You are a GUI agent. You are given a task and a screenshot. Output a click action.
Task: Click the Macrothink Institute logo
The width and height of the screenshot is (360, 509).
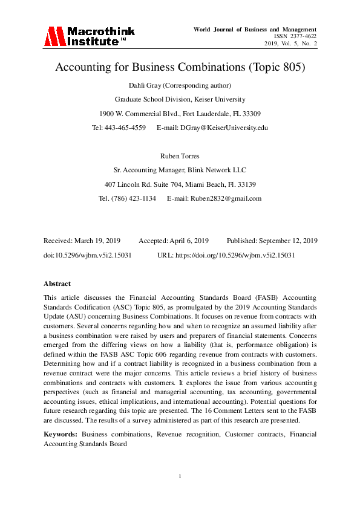89,36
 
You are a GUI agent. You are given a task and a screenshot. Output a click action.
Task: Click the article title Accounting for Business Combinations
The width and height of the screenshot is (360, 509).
180,67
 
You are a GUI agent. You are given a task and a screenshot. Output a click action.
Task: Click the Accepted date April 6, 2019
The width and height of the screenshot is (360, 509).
188,241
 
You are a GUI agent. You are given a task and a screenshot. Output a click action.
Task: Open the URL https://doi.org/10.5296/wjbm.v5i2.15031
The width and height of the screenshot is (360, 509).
235,255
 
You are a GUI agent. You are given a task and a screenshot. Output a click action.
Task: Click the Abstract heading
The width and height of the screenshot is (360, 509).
57,284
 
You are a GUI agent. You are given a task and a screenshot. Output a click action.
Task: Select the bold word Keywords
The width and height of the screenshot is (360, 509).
61,434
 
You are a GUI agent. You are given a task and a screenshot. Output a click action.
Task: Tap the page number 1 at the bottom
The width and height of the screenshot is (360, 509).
180,477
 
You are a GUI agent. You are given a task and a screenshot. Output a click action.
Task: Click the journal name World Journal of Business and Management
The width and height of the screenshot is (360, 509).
255,29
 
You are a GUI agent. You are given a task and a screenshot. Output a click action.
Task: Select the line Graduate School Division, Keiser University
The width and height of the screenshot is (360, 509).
180,99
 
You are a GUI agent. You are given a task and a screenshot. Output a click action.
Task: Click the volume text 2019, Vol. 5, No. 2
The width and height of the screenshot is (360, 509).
290,44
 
